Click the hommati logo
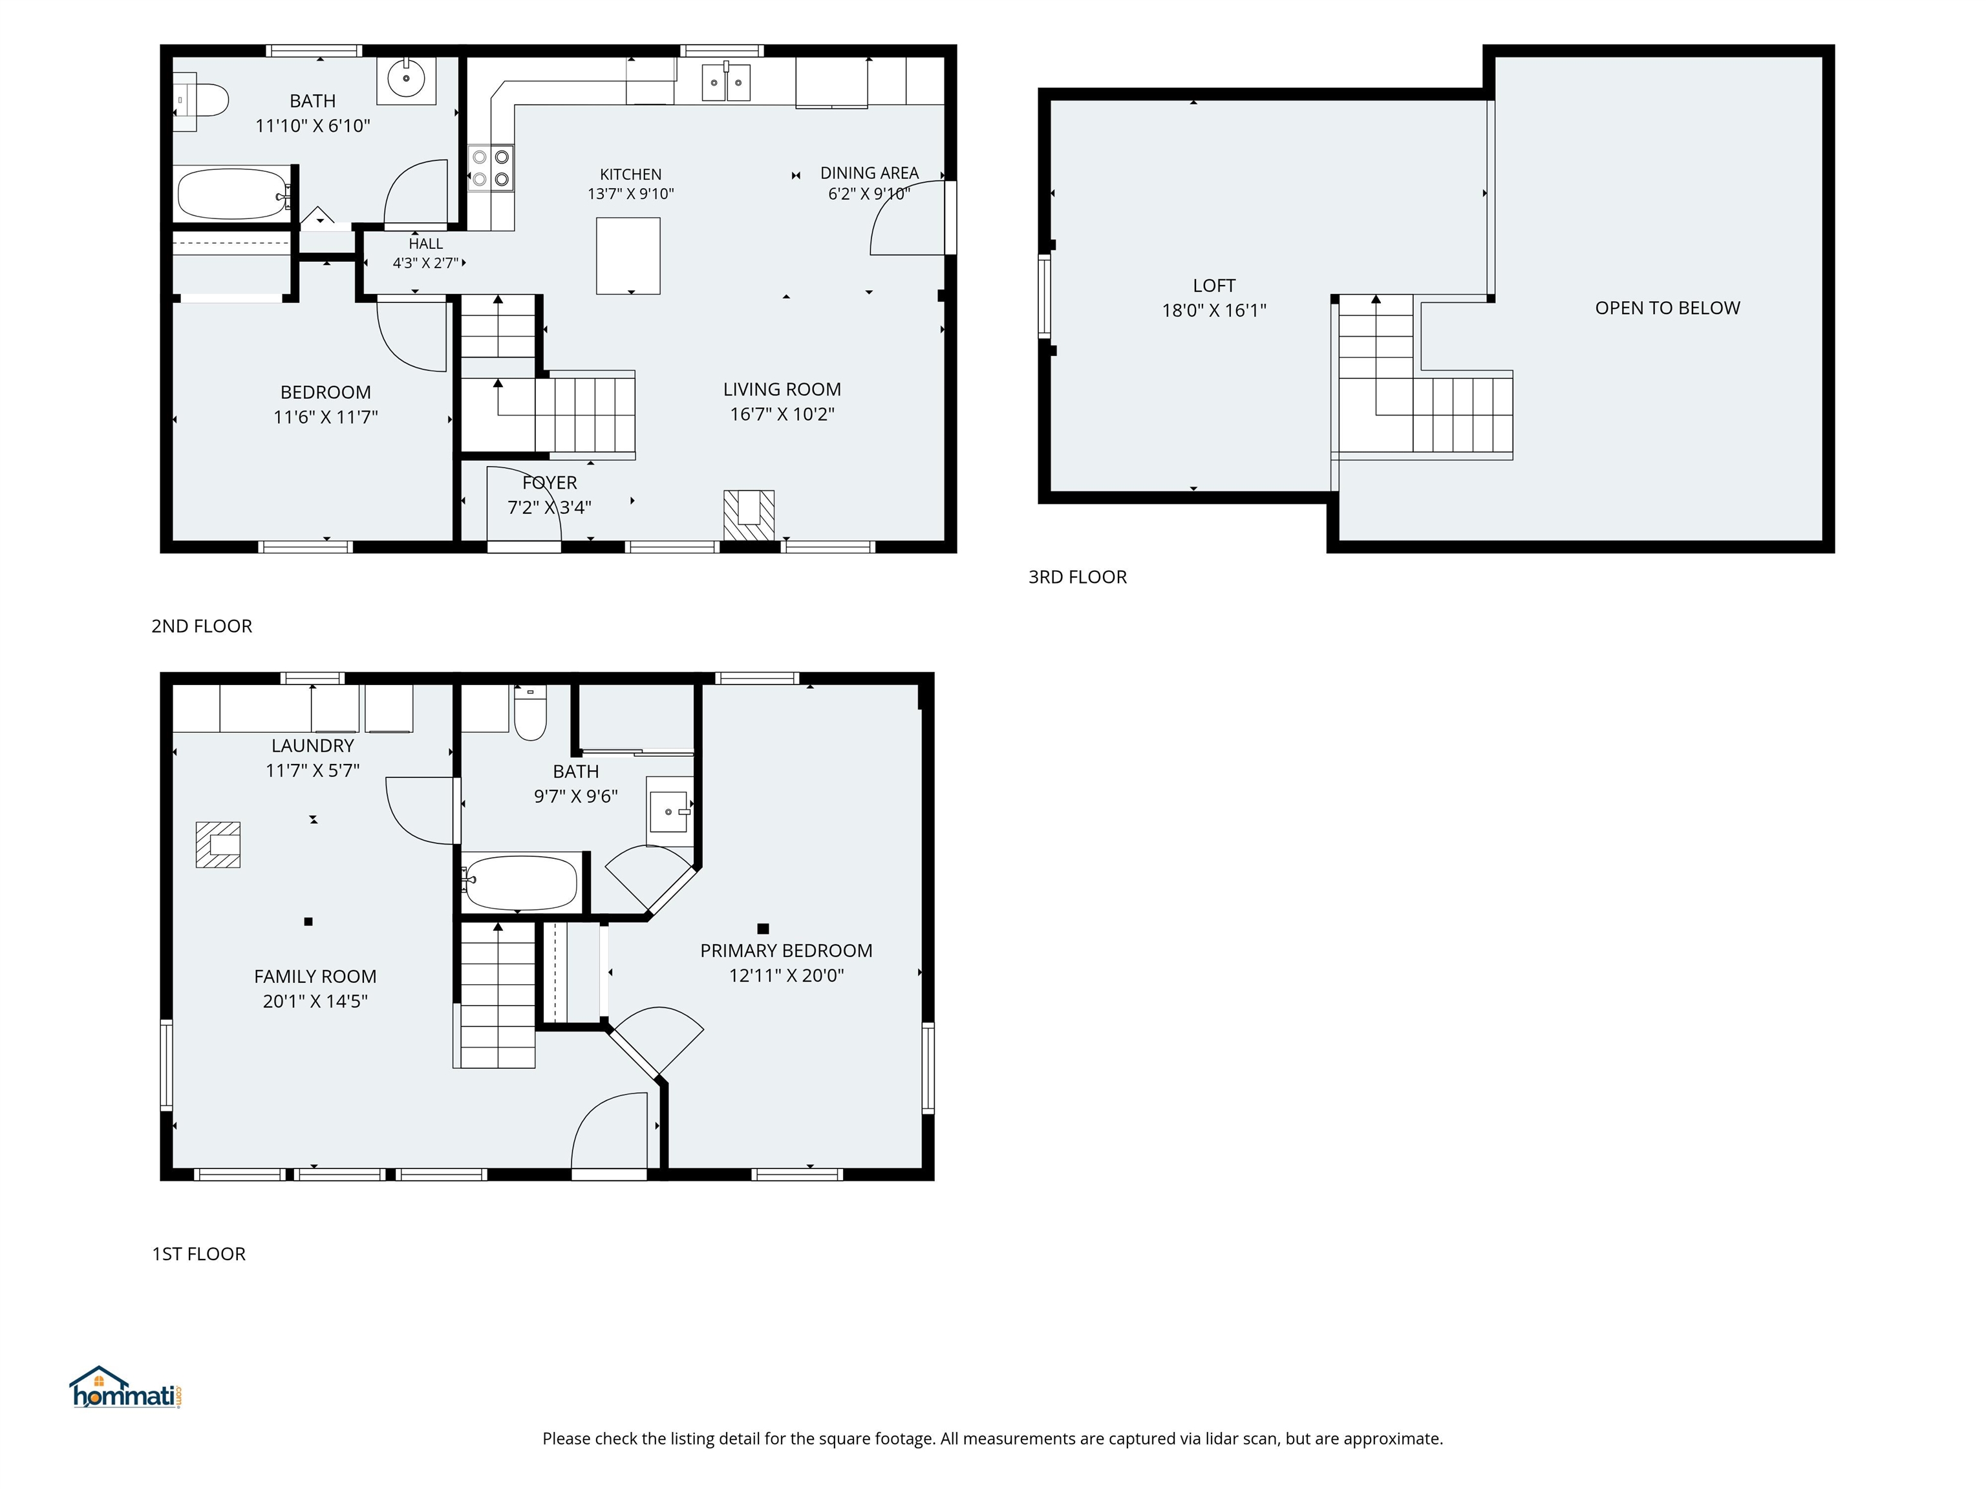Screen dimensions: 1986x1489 point(127,1388)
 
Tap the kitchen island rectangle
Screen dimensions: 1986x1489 point(628,256)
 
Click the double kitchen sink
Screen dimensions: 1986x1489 point(725,81)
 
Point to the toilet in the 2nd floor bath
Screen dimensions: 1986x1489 point(201,101)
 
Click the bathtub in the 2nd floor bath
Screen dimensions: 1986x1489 point(234,194)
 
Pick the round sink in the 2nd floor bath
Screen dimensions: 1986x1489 point(407,79)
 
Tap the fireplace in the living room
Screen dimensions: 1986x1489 point(749,514)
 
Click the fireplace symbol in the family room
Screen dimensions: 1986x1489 point(218,845)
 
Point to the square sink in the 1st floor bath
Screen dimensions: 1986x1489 point(670,811)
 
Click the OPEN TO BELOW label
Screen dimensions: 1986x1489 point(1667,308)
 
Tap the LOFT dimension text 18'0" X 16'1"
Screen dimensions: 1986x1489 point(1214,311)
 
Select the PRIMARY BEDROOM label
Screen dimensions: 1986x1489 point(787,951)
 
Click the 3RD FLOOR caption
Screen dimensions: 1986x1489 point(1078,577)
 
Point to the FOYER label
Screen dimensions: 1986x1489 point(550,483)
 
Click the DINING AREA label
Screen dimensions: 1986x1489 point(869,173)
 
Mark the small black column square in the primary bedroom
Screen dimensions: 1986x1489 point(763,929)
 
